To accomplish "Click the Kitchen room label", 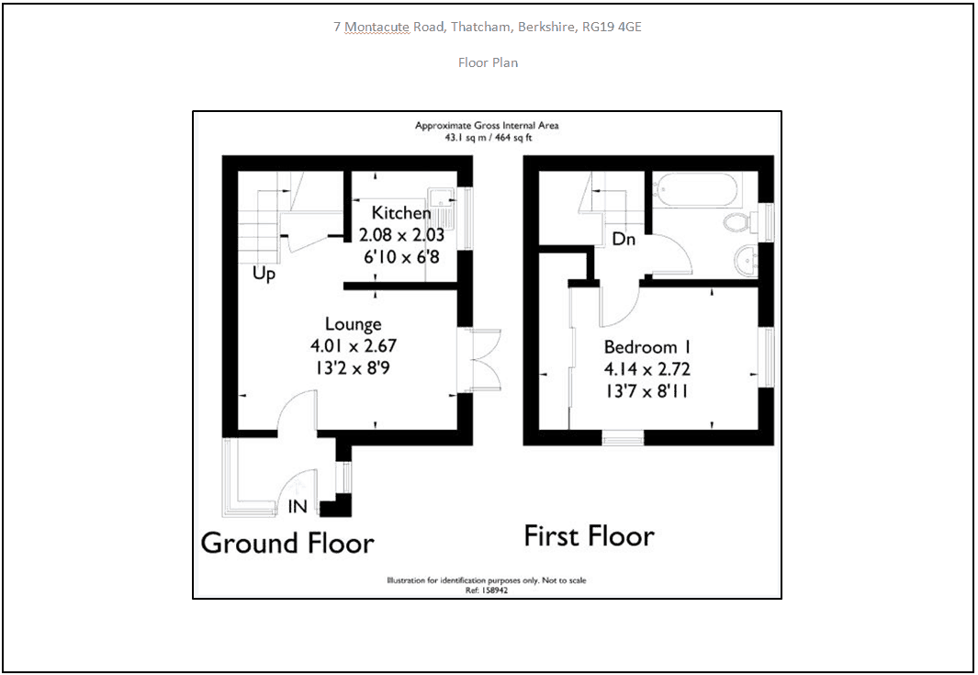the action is pos(401,213).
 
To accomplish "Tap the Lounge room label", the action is pos(353,324).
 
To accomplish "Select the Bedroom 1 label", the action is pos(647,347).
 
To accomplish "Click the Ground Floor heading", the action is pos(287,544).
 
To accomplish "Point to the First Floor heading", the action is pos(590,536).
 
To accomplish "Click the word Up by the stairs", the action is pos(264,274).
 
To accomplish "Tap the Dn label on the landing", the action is pos(624,239).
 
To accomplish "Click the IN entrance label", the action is pos(298,507).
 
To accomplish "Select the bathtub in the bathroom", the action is pos(697,190).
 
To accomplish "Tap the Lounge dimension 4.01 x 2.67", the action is pos(353,345).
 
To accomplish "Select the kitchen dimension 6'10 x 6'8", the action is pos(401,256).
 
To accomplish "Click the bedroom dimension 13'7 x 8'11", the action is pos(646,391).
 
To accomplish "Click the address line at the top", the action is pos(488,27).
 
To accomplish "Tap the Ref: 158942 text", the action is pos(487,591).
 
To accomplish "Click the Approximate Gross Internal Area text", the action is pos(487,126).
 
